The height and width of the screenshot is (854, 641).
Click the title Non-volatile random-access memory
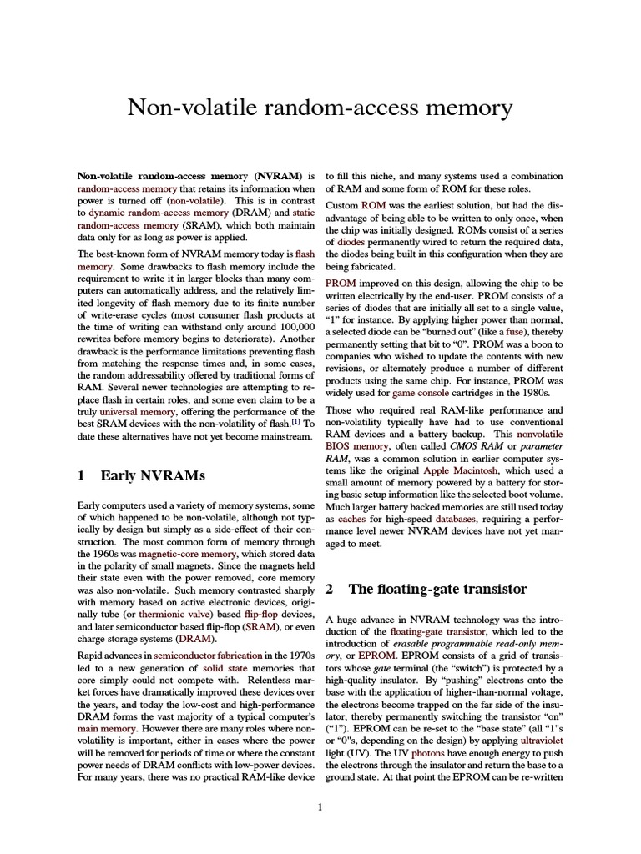(320, 108)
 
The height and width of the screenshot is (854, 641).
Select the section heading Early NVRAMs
(141, 475)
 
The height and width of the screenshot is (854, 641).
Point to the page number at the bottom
(320, 806)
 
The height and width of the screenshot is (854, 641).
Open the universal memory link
(128, 411)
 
